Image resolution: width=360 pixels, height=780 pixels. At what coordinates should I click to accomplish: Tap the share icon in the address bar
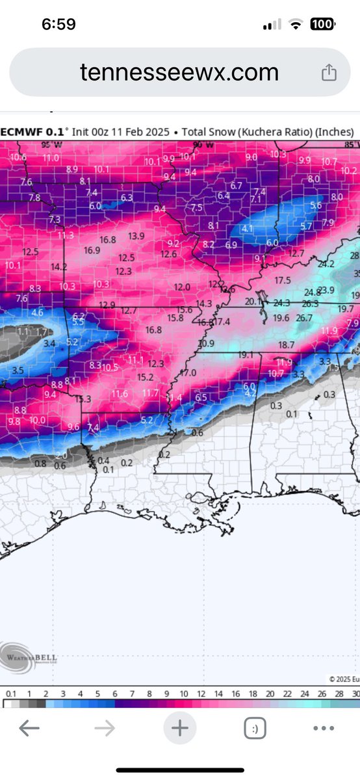(x=329, y=71)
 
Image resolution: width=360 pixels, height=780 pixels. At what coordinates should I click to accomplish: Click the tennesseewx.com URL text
(x=179, y=71)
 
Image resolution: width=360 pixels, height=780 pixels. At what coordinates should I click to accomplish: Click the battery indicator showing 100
(x=322, y=25)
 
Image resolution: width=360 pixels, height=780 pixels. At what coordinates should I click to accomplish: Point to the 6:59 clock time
(x=58, y=25)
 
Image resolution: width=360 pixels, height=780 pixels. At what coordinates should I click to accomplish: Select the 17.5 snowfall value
(x=283, y=280)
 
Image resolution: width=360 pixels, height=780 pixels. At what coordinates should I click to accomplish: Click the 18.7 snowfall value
(x=287, y=344)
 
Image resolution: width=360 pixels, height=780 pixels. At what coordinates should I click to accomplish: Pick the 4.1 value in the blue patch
(x=247, y=229)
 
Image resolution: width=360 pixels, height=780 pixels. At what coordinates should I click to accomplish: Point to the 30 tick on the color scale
(x=354, y=694)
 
